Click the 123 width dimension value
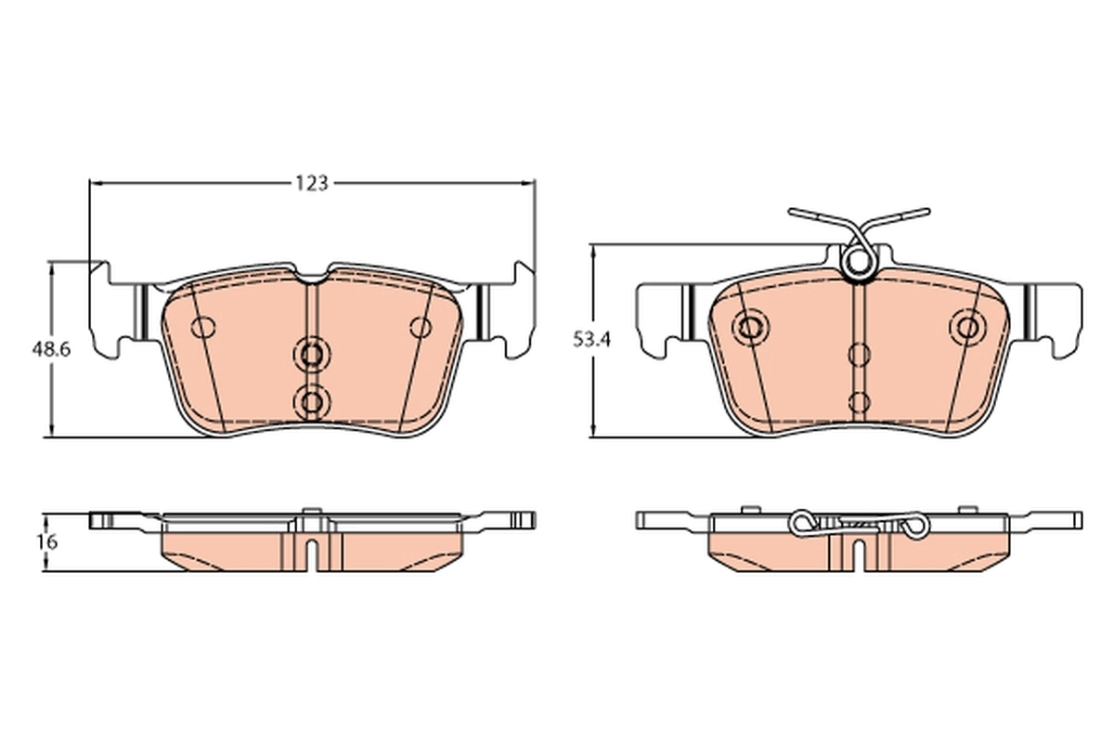[x=313, y=183]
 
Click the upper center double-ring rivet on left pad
[x=312, y=354]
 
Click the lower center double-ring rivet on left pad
[x=312, y=399]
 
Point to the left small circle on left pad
[x=202, y=327]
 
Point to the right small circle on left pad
[x=421, y=327]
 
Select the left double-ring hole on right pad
[x=748, y=327]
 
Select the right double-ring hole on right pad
[x=968, y=327]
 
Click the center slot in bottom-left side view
[x=313, y=554]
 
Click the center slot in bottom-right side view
[x=859, y=555]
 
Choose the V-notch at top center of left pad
[x=313, y=275]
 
